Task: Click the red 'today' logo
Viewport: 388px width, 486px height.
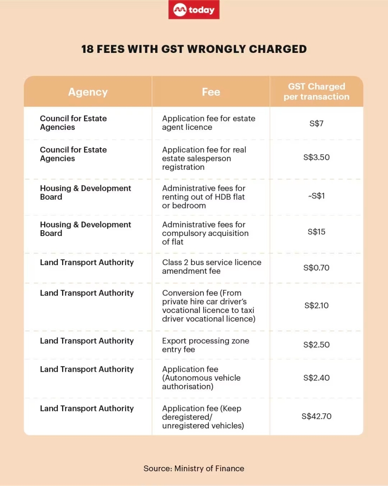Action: [x=194, y=10]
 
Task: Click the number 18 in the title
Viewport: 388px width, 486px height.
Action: [x=87, y=49]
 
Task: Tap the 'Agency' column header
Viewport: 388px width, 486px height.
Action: [x=88, y=92]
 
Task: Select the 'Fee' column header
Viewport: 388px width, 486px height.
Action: [x=211, y=92]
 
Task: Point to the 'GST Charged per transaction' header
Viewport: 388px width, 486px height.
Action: [x=316, y=91]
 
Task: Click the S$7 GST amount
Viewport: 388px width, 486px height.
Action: [x=316, y=124]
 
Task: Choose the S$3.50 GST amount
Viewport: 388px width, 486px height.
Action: [x=316, y=157]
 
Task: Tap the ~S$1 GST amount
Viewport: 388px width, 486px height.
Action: [x=316, y=196]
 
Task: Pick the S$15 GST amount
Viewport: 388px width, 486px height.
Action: [x=316, y=232]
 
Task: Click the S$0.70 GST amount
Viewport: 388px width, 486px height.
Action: [x=316, y=268]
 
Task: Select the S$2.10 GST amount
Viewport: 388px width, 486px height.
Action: [x=316, y=306]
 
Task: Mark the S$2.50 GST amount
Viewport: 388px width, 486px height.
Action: [x=316, y=345]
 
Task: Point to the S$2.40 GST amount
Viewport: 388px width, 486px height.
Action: [x=316, y=378]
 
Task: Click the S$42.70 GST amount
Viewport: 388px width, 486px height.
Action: [x=316, y=416]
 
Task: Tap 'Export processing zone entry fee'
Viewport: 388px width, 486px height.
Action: [x=205, y=345]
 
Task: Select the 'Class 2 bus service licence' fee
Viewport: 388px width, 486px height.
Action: [x=211, y=267]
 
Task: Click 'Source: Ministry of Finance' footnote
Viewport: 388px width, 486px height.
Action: [x=194, y=469]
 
